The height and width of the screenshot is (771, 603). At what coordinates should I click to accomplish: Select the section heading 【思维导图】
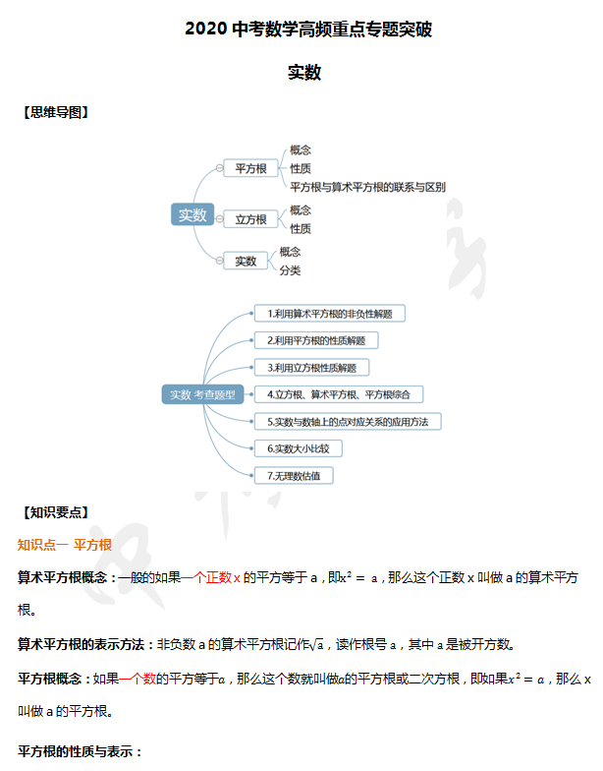56,112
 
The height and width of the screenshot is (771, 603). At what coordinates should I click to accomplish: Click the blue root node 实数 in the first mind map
192,215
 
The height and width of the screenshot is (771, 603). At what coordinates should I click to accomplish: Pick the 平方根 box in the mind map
250,168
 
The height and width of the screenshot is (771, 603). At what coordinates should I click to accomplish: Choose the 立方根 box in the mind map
250,219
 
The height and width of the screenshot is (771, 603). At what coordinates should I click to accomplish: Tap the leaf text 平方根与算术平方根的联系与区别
367,187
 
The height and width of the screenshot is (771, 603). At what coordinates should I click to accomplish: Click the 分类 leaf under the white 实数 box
290,270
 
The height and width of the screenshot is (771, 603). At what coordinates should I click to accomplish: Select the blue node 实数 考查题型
202,394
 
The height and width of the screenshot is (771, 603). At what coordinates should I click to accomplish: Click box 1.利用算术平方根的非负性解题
330,314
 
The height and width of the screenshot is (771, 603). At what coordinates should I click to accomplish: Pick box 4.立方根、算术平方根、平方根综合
339,394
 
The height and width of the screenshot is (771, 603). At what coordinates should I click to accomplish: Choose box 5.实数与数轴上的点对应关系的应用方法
348,421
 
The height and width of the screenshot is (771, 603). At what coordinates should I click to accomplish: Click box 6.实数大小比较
299,448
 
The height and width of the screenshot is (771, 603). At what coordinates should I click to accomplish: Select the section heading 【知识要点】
56,512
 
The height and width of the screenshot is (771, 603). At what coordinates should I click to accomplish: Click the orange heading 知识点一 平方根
65,544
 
